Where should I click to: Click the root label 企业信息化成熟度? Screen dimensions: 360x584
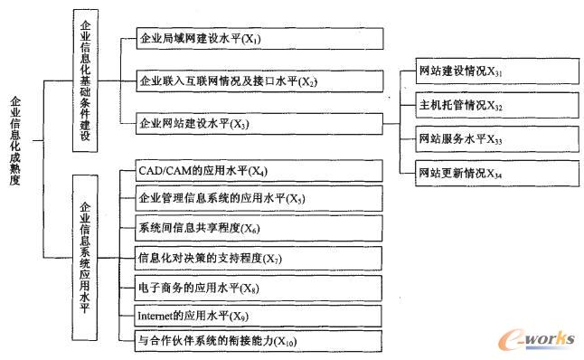(x=17, y=140)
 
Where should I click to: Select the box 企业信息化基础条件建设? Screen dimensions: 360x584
(x=86, y=81)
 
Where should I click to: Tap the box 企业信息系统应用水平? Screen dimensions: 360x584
(x=86, y=257)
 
